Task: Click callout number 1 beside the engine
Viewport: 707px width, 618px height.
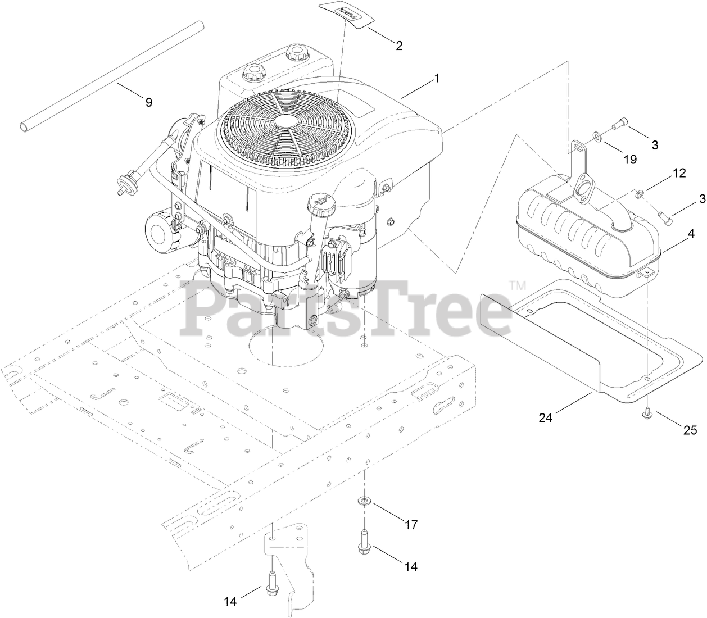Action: point(436,80)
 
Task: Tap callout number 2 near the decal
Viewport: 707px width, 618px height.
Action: point(399,46)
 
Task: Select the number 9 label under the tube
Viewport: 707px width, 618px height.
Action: point(148,102)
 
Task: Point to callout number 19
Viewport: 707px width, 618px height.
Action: point(630,159)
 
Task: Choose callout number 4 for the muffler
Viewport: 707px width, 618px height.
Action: point(688,230)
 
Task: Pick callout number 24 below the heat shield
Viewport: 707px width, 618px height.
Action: point(546,417)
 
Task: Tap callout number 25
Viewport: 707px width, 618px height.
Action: point(690,430)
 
